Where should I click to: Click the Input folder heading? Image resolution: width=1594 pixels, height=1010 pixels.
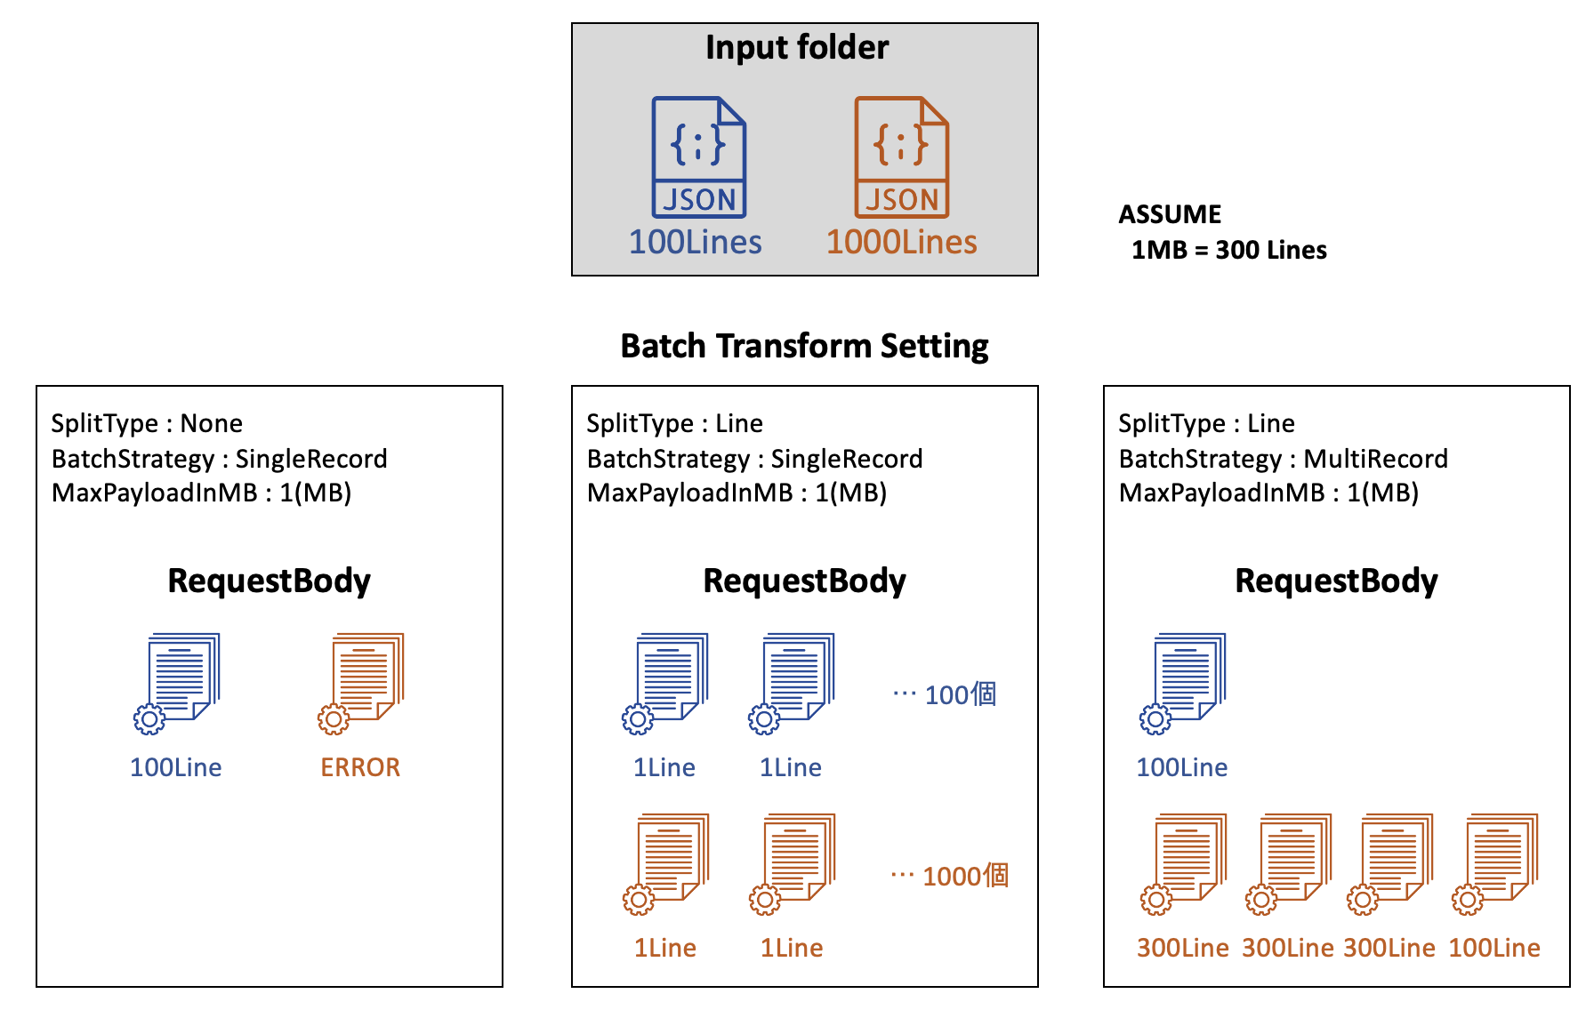click(797, 47)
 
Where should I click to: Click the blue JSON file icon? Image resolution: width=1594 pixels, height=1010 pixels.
click(699, 157)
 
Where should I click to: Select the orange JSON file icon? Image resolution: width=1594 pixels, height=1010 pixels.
click(902, 157)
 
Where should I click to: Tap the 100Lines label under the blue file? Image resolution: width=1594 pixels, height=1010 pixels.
click(696, 242)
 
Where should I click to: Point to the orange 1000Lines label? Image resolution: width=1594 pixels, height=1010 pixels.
click(902, 242)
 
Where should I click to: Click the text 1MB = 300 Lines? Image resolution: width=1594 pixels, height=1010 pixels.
click(1228, 251)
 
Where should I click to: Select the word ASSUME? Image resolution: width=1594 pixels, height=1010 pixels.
click(1170, 214)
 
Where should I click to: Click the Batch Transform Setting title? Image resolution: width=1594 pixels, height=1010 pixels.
click(804, 346)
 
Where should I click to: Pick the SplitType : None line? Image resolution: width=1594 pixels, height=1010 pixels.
click(147, 423)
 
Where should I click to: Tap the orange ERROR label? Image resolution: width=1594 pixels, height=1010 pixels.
click(360, 767)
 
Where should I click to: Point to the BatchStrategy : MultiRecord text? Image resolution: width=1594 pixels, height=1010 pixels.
click(1284, 459)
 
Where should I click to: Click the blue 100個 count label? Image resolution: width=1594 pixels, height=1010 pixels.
click(960, 694)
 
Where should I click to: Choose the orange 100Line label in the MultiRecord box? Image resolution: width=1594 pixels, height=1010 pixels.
click(1494, 948)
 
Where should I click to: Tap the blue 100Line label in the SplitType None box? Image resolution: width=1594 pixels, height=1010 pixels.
click(176, 767)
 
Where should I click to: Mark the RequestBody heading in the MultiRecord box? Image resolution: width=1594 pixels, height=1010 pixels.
click(1336, 581)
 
